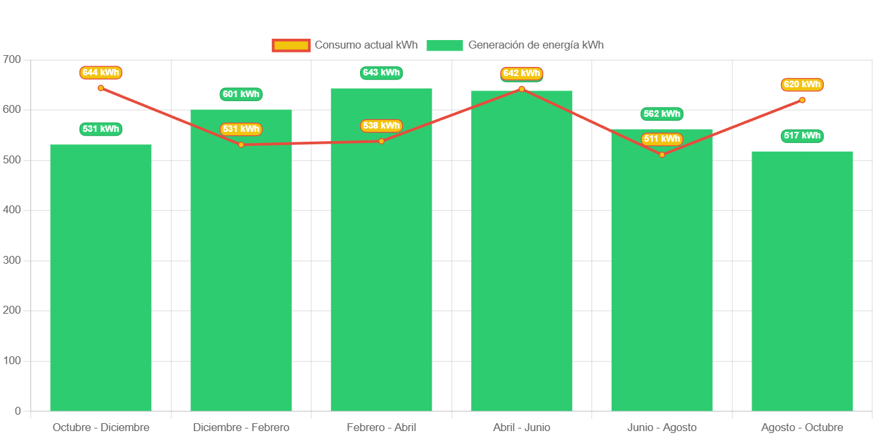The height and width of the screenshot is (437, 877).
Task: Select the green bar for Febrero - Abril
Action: [x=381, y=249]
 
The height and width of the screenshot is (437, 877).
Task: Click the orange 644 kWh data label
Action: [x=101, y=73]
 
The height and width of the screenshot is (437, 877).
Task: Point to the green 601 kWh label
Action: [x=241, y=94]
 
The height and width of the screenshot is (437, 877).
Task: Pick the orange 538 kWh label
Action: [x=381, y=126]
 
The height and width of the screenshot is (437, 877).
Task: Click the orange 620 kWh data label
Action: [x=802, y=85]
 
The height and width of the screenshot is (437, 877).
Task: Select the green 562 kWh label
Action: [x=662, y=114]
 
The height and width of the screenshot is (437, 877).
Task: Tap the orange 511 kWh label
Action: [x=662, y=139]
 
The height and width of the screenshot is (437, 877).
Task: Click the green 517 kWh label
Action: [x=802, y=136]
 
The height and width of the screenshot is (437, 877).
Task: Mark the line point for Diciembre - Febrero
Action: [x=241, y=144]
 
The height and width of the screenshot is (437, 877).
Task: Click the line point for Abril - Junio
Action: [x=522, y=89]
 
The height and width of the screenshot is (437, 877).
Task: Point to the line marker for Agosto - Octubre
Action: [x=802, y=100]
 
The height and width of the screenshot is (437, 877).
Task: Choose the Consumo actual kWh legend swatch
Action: [x=290, y=45]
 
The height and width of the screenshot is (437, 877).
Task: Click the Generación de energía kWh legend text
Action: [x=535, y=45]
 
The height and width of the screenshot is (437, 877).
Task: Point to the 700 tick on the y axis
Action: [x=12, y=59]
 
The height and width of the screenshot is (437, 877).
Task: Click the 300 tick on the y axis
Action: [x=12, y=260]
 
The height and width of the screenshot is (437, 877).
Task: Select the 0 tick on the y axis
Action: [x=18, y=411]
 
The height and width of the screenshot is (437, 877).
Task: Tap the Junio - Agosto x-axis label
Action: [x=662, y=428]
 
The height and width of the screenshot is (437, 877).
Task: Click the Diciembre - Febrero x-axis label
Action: [x=241, y=428]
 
